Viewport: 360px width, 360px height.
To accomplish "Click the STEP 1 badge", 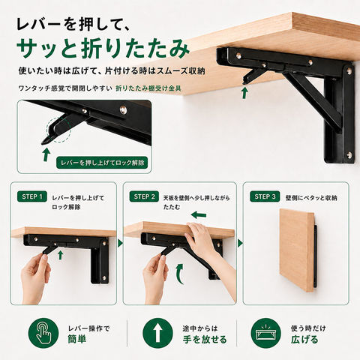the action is pyautogui.click(x=32, y=196).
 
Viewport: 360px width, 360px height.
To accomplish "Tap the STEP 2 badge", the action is pyautogui.click(x=144, y=196).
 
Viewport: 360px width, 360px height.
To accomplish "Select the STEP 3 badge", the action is pyautogui.click(x=265, y=196).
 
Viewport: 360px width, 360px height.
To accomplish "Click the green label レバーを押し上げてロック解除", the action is pyautogui.click(x=102, y=163).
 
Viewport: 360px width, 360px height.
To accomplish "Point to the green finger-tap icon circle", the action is pyautogui.click(x=43, y=333).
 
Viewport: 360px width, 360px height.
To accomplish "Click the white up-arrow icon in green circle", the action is pyautogui.click(x=157, y=333).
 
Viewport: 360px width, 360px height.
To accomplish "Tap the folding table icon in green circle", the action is pyautogui.click(x=265, y=333).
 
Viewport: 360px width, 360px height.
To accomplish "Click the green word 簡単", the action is pyautogui.click(x=77, y=339).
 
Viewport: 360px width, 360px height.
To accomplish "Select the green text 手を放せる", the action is pyautogui.click(x=205, y=339).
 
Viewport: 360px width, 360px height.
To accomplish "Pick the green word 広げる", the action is pyautogui.click(x=304, y=339).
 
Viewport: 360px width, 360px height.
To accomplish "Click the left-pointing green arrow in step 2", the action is pyautogui.click(x=199, y=214).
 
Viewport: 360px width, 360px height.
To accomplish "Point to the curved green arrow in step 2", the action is pyautogui.click(x=179, y=274).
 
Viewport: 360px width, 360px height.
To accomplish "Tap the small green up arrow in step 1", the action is pyautogui.click(x=60, y=255).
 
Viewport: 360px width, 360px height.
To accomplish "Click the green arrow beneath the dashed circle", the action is pyautogui.click(x=46, y=154).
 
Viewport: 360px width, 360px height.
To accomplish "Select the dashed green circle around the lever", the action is pyautogui.click(x=58, y=130).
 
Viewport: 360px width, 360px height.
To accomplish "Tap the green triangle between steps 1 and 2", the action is pyautogui.click(x=120, y=243).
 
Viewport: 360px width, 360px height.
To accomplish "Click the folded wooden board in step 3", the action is pyautogui.click(x=296, y=250).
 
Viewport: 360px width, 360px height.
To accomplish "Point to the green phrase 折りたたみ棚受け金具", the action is pyautogui.click(x=148, y=88).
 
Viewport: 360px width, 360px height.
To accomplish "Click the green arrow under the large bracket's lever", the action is pyautogui.click(x=244, y=92).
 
